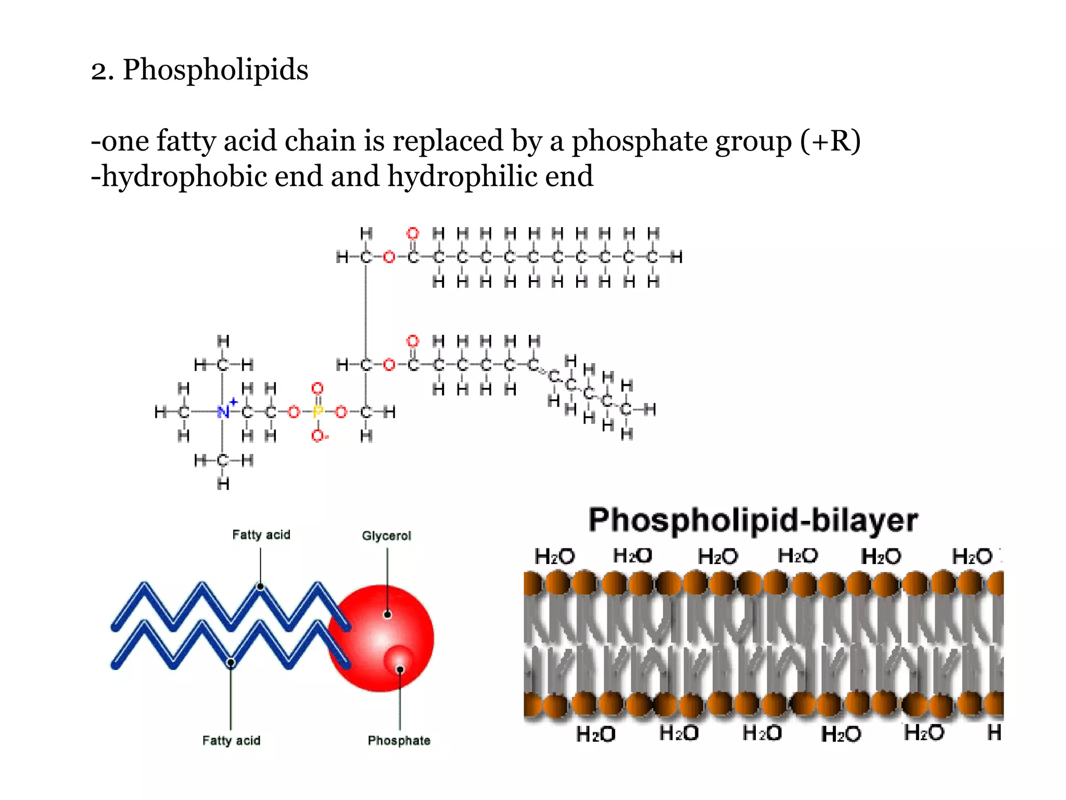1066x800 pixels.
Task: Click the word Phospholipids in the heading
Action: coord(215,70)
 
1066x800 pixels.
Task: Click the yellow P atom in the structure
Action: coord(318,412)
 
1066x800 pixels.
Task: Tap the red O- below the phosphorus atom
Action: coord(319,436)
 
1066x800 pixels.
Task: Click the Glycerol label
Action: coord(386,535)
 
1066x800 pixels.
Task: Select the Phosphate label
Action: coord(399,740)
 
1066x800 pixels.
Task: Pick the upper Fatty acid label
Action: coord(261,534)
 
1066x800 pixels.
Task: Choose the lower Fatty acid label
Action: coord(231,740)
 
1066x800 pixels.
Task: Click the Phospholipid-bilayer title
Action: coord(753,520)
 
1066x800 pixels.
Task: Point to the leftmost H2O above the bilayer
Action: coord(554,556)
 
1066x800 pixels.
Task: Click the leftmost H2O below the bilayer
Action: coord(595,734)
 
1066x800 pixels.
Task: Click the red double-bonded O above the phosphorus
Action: coord(318,389)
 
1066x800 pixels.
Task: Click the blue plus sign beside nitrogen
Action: coord(234,402)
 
